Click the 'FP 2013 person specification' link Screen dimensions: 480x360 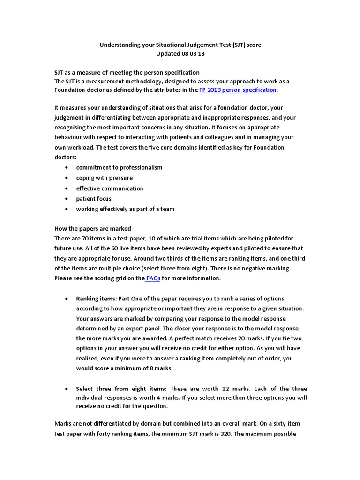238,90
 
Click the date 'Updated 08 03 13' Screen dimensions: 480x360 180,53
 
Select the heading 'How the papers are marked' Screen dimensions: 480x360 93,229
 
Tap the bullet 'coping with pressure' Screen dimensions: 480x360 105,178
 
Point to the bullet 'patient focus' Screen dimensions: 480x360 94,199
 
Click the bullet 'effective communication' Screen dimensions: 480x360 110,188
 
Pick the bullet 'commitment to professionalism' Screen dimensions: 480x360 119,167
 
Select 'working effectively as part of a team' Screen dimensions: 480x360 125,209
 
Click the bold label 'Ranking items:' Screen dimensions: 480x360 97,299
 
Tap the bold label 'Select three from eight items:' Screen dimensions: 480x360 122,389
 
